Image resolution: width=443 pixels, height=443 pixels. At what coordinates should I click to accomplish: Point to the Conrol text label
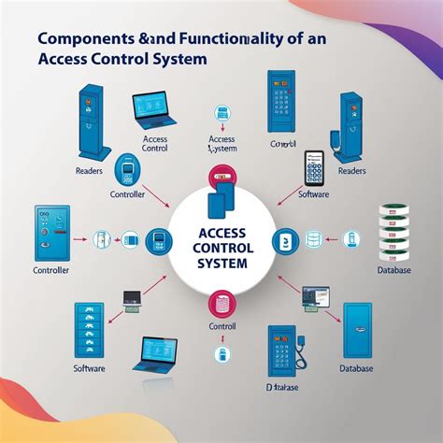click(281, 144)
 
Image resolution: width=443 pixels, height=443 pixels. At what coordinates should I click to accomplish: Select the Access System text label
click(221, 144)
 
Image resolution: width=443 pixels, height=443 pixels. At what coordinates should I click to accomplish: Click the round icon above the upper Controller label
click(127, 170)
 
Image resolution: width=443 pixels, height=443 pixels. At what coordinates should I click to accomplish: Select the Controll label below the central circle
click(221, 328)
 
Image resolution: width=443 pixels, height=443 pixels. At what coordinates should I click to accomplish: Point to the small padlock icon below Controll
click(221, 353)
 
